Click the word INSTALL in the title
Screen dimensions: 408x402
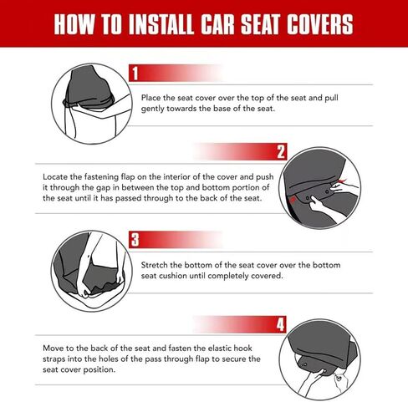161,24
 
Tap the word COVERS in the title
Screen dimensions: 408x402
320,24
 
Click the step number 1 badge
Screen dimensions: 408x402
135,74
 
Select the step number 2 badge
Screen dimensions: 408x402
281,152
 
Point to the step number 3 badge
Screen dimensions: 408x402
135,240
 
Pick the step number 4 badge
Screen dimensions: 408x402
280,324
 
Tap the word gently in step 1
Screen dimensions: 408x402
153,109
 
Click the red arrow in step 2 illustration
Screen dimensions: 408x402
342,181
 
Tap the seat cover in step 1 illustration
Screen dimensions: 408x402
89,89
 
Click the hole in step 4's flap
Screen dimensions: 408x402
305,364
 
